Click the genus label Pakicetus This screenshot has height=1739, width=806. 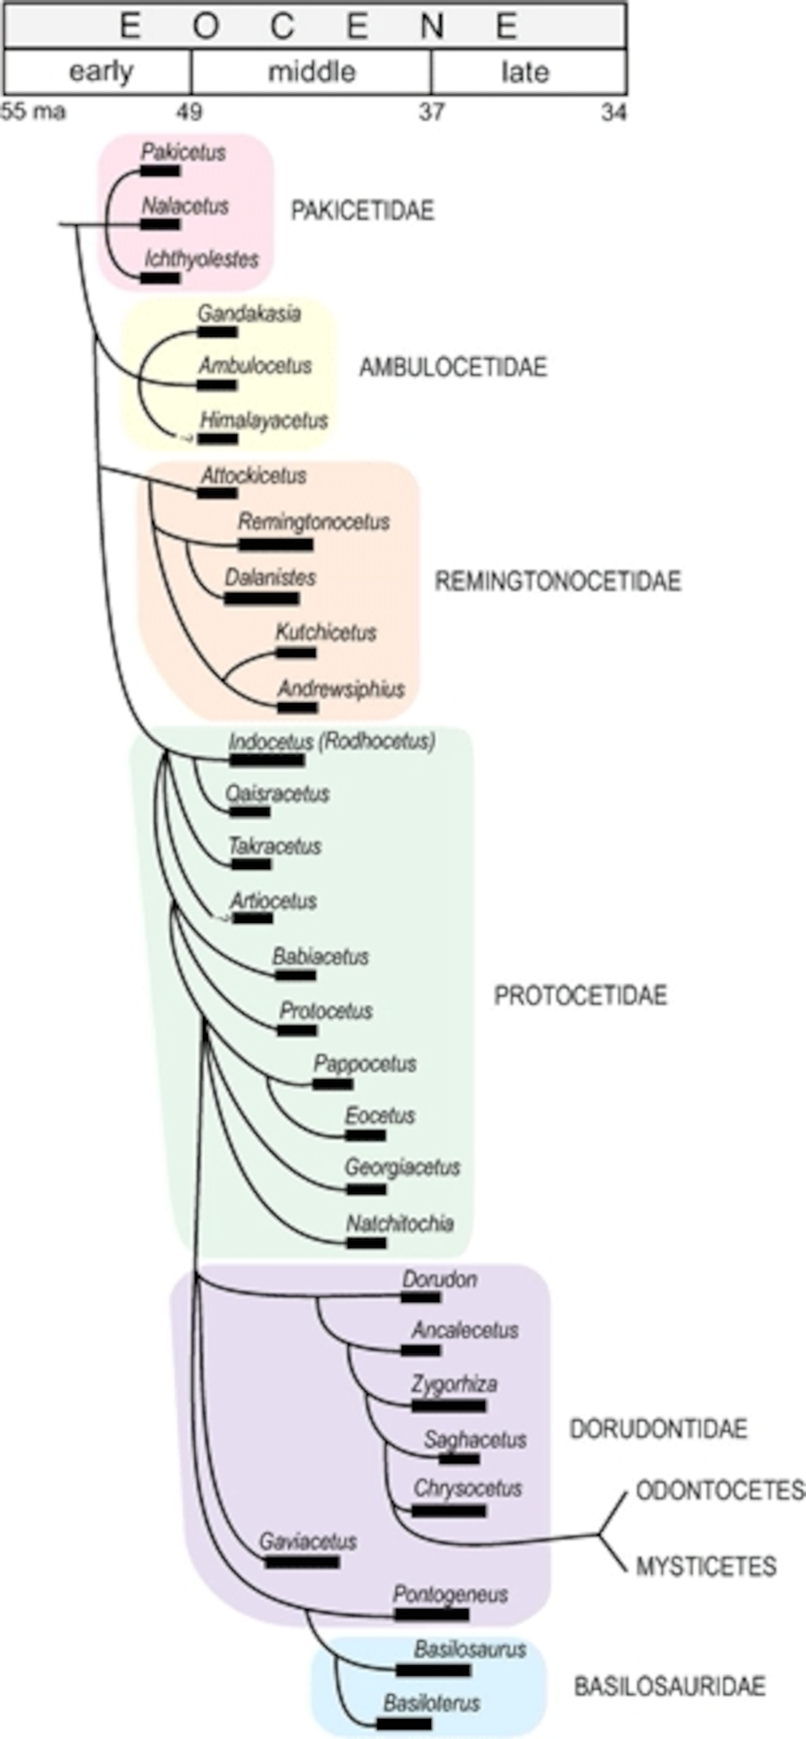(183, 153)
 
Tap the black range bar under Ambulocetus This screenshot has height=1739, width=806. (217, 386)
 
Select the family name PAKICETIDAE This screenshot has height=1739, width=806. (362, 211)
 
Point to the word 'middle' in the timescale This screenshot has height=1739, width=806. (311, 71)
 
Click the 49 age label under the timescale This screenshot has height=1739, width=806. (189, 112)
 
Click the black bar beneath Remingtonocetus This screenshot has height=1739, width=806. (276, 545)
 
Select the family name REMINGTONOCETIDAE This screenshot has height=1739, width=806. (558, 581)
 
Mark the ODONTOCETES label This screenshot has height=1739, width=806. (719, 1490)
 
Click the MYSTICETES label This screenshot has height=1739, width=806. (705, 1566)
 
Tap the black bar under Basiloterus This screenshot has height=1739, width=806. (404, 1724)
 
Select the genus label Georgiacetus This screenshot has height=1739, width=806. (402, 1167)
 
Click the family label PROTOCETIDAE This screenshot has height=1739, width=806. (581, 996)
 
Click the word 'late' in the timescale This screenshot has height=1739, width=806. (525, 71)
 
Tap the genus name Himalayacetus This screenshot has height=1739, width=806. (264, 421)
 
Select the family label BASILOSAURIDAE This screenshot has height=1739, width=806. (670, 1686)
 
